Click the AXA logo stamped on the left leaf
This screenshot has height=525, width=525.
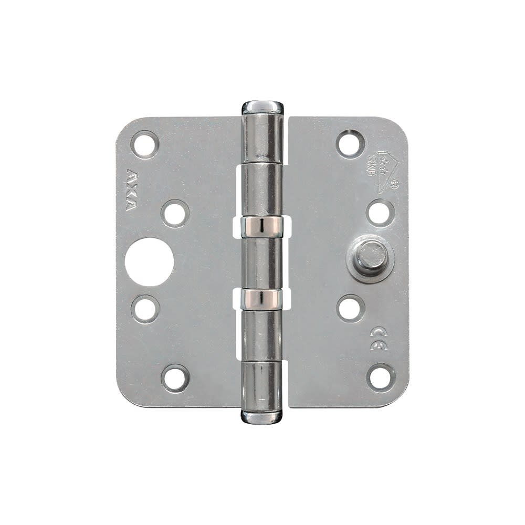tap(131, 190)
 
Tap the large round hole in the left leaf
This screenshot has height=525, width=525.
tap(149, 261)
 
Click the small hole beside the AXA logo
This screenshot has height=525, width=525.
tap(175, 213)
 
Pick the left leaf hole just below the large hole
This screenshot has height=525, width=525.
tap(145, 309)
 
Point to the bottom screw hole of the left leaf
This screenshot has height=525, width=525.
tap(175, 378)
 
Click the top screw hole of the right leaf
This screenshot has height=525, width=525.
tap(350, 143)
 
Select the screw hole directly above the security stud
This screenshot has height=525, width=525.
tap(380, 213)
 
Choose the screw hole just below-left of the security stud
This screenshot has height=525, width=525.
tap(350, 308)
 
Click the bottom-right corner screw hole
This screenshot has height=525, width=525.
tap(381, 377)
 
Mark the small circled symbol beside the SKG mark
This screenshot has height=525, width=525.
tap(395, 184)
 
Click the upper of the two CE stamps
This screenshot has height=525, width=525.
tap(378, 332)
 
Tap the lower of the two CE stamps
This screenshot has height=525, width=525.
tap(379, 345)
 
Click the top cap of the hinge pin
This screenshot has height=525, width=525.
tap(262, 107)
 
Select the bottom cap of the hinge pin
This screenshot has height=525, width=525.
tap(262, 417)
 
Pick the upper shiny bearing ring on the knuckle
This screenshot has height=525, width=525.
tap(262, 226)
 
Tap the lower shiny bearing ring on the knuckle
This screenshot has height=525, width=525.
tap(262, 299)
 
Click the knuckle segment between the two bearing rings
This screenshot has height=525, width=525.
tap(262, 262)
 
